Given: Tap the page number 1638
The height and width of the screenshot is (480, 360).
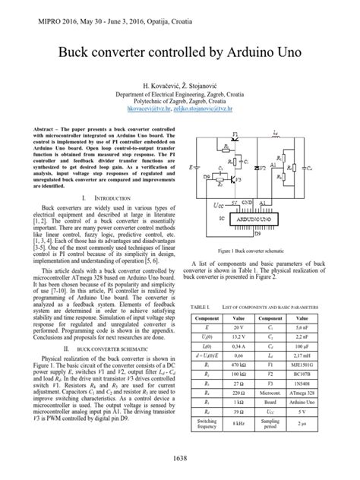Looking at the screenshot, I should [180, 457].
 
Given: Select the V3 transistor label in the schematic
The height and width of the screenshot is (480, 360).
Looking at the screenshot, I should [238, 180].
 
